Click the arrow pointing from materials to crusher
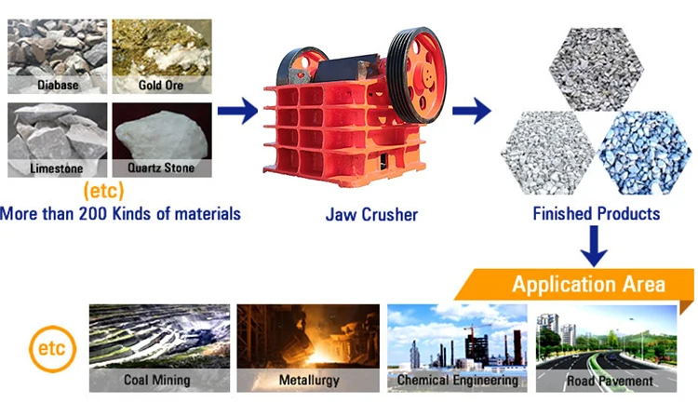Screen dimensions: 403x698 [x=237, y=113]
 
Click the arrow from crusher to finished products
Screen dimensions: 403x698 [x=471, y=113]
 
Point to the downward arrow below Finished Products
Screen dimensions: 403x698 [x=594, y=246]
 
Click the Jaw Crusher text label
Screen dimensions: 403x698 [x=371, y=215]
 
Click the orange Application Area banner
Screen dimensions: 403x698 [x=586, y=284]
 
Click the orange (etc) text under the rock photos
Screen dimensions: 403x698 [x=103, y=192]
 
